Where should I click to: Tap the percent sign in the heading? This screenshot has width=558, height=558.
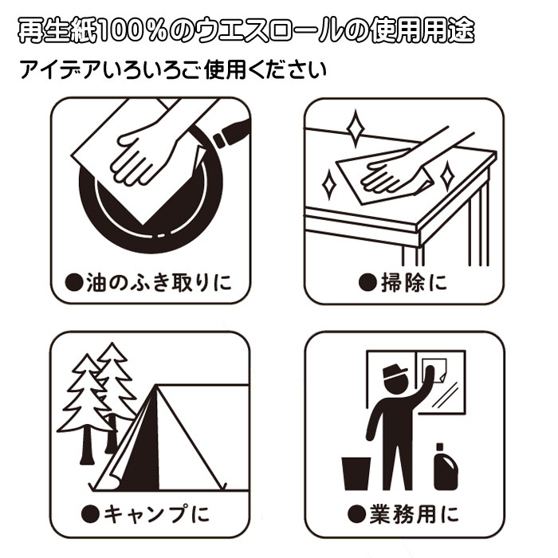point(165,32)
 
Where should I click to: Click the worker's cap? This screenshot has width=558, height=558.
point(396,372)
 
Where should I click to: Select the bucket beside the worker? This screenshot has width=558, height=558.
point(355,472)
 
